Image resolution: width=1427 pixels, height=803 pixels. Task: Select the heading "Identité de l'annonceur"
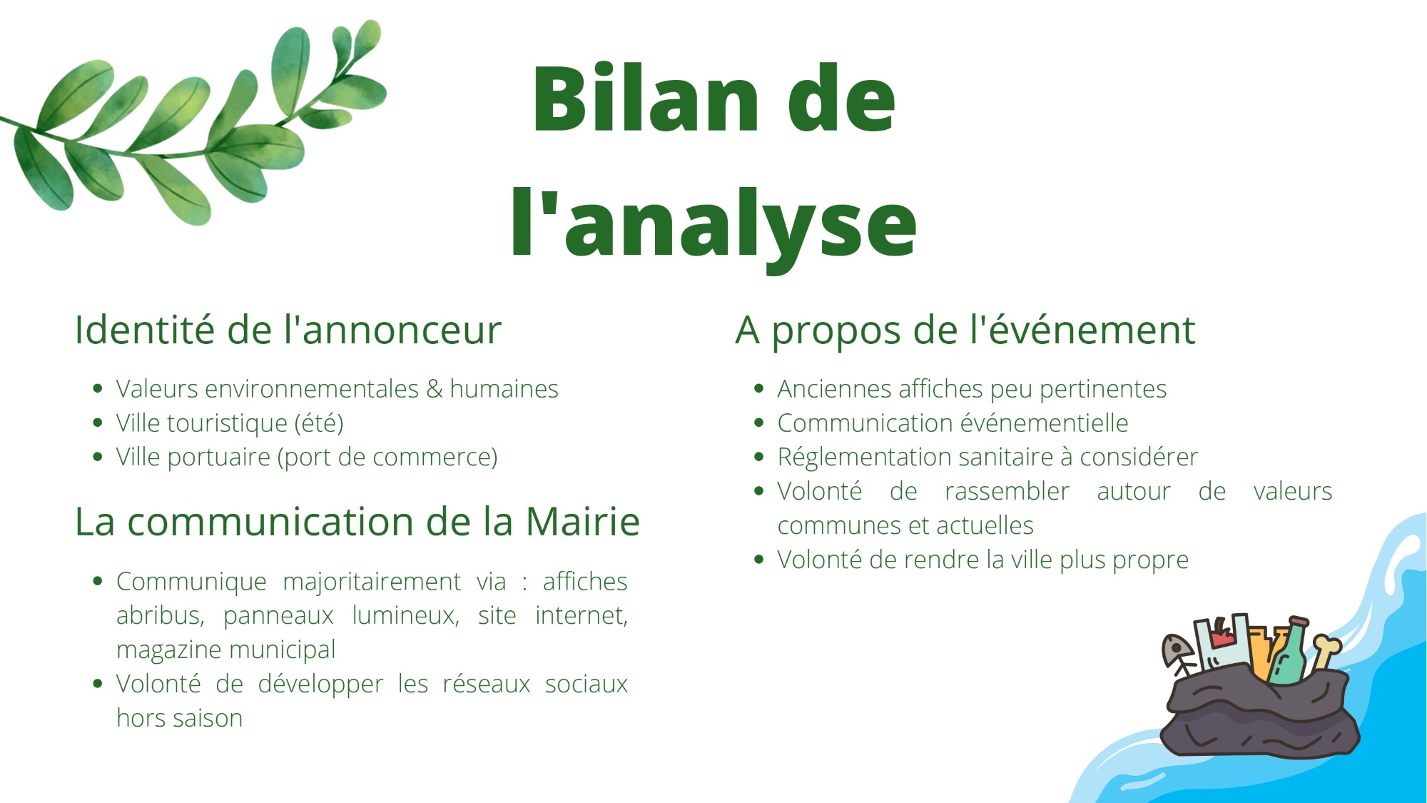[288, 330]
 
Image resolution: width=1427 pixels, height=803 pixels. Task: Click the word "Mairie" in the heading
[583, 521]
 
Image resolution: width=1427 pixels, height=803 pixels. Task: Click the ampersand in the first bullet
[434, 389]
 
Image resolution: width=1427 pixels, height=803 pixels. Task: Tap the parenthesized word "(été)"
[319, 423]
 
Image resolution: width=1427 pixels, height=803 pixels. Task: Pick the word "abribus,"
[161, 615]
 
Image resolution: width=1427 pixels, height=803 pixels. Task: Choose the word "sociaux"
[586, 684]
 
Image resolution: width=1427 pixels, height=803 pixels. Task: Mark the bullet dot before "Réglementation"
[759, 457]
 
